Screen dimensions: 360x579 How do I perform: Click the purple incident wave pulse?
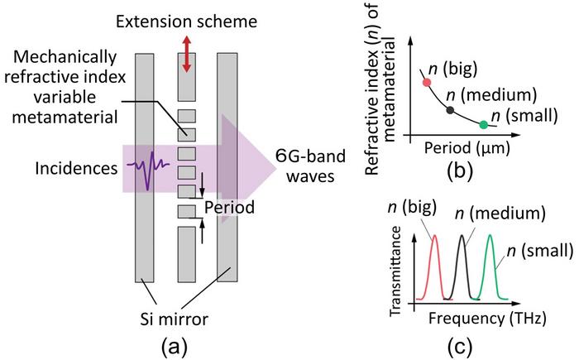[x=147, y=169]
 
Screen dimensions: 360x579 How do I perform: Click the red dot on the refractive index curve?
[x=427, y=82]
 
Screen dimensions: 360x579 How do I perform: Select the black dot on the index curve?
[x=450, y=109]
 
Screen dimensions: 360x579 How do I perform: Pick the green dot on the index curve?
[x=484, y=124]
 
